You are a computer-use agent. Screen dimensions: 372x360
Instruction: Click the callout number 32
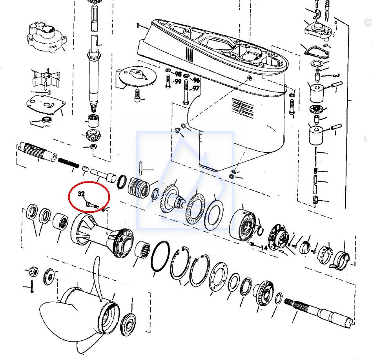(81, 194)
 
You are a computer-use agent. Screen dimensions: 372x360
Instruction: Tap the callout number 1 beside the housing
(138, 26)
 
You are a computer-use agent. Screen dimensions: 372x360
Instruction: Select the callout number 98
(178, 74)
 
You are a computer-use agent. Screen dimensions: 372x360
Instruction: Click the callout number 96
(196, 80)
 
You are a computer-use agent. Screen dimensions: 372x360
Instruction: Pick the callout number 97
(195, 88)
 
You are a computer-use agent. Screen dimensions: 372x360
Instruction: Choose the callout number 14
(264, 248)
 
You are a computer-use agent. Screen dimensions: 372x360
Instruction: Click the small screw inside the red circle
(93, 205)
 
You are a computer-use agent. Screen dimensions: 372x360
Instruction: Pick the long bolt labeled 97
(186, 93)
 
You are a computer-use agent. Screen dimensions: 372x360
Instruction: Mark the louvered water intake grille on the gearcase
(243, 108)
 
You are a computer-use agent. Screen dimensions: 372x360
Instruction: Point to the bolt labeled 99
(168, 82)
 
